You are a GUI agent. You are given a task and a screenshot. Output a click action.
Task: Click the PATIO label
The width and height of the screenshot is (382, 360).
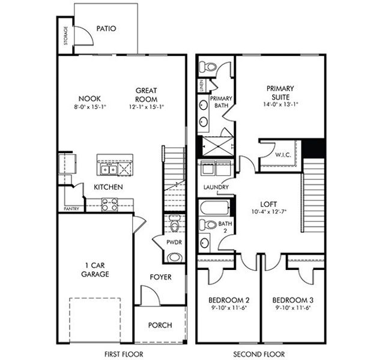106,28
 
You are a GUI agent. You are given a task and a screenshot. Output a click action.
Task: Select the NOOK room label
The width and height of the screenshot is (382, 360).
89,98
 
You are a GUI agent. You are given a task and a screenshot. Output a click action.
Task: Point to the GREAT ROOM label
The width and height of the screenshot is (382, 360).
146,95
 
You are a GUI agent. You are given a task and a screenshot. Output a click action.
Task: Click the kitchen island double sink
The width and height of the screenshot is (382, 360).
109,169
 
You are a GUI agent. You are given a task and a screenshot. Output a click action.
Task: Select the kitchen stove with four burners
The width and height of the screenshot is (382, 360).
109,205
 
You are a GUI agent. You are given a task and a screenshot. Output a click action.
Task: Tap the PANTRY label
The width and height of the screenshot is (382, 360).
71,209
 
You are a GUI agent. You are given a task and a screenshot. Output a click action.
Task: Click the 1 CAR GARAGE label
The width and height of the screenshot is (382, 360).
95,270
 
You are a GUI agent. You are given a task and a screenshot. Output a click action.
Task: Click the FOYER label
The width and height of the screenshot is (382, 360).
160,277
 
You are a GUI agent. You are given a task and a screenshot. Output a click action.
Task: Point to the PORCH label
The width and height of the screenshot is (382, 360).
160,325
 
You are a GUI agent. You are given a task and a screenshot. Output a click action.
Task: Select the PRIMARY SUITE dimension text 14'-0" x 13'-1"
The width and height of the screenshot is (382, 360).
281,103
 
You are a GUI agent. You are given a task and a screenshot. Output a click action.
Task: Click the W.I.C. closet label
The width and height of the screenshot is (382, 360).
283,154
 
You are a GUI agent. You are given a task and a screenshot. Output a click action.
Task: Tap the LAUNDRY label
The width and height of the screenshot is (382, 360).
216,187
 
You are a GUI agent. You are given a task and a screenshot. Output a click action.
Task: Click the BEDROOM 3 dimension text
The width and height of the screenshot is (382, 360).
293,308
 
